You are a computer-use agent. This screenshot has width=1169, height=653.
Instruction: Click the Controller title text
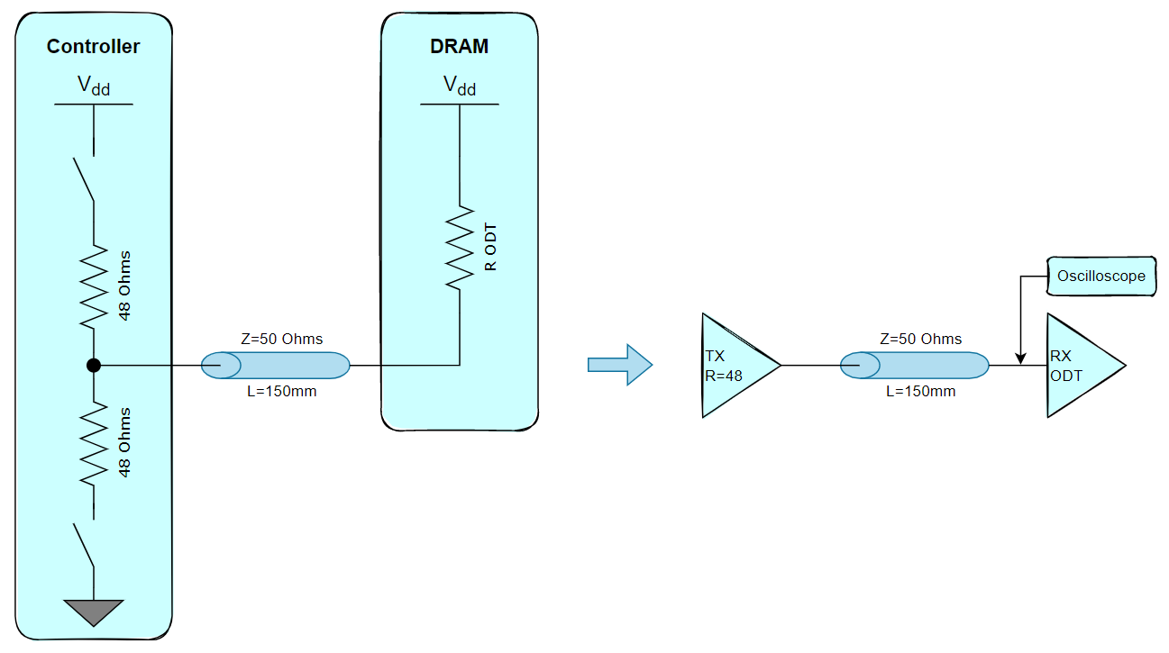click(x=93, y=46)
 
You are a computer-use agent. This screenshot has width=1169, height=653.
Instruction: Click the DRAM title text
click(x=459, y=46)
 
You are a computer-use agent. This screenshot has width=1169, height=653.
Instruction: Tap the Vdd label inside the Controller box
click(x=94, y=86)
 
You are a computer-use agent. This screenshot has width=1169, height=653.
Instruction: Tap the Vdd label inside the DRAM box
click(x=460, y=86)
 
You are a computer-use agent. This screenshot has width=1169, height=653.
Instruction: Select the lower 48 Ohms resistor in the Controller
click(x=94, y=442)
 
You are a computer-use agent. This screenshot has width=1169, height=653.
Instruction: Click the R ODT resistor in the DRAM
click(x=460, y=248)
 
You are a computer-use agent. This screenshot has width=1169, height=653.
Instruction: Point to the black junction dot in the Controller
click(x=93, y=365)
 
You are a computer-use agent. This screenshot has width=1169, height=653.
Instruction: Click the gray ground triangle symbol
click(x=94, y=612)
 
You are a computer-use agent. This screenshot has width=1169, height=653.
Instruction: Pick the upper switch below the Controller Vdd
click(x=84, y=178)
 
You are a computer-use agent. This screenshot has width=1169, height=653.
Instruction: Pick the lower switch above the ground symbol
click(x=84, y=544)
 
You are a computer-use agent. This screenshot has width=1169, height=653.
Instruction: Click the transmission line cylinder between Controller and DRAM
click(x=275, y=365)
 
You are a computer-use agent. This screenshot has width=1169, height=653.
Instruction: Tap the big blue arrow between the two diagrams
click(x=619, y=364)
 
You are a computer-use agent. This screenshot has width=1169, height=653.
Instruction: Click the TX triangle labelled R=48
click(x=735, y=365)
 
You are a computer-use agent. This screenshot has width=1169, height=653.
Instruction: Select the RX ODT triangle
click(x=1080, y=365)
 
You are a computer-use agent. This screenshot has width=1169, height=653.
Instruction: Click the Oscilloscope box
click(x=1101, y=276)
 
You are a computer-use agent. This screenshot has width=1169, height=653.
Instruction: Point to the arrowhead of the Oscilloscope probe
click(x=1019, y=359)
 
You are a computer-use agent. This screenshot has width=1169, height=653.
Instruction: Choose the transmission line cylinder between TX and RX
click(x=914, y=365)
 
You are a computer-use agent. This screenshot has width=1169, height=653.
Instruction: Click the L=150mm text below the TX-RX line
click(x=921, y=392)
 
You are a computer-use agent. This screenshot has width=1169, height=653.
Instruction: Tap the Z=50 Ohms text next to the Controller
click(x=283, y=339)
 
